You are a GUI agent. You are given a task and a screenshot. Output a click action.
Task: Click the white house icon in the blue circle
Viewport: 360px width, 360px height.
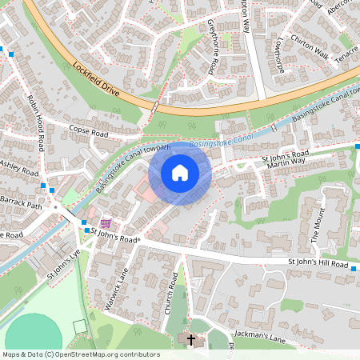point(180,172)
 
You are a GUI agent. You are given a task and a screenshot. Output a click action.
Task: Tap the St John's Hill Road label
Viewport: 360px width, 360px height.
point(318,264)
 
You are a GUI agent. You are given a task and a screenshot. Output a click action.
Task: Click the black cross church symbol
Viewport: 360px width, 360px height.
point(190,340)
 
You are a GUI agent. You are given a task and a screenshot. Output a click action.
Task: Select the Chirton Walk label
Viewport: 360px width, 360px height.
point(310,52)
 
